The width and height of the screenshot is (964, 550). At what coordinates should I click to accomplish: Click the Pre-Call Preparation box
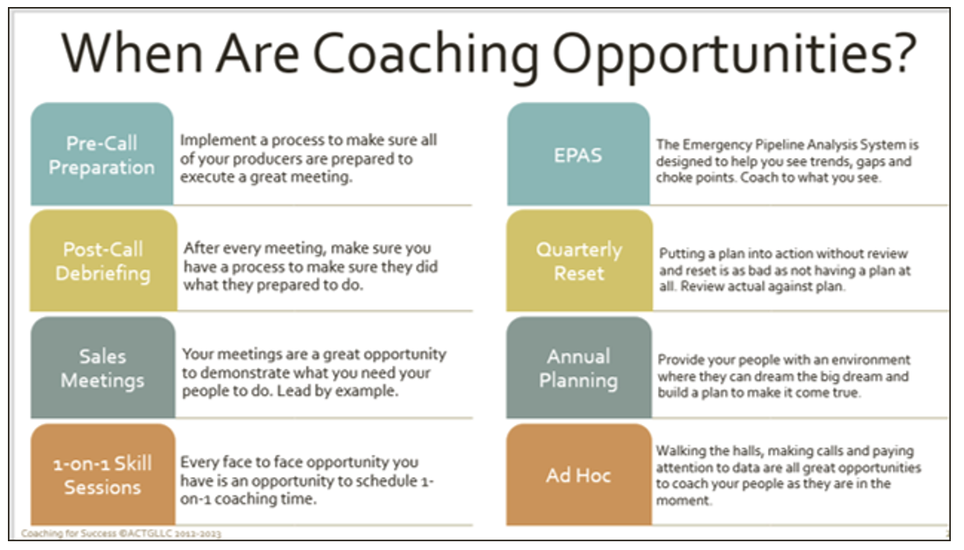click(x=101, y=155)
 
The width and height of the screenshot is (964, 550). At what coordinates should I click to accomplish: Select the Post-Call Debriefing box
click(x=102, y=261)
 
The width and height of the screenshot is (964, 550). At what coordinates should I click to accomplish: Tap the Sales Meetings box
click(x=102, y=368)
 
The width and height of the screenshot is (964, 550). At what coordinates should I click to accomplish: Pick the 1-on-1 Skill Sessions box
click(x=102, y=474)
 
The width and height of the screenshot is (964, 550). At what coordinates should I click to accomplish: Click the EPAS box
click(x=578, y=155)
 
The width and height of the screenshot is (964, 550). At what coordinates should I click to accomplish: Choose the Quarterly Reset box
click(x=578, y=261)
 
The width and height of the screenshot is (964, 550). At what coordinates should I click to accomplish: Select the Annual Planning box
click(x=578, y=368)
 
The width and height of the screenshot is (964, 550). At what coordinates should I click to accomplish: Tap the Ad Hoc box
click(x=578, y=475)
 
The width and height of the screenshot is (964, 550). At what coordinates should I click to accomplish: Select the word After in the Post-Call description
click(x=202, y=249)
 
